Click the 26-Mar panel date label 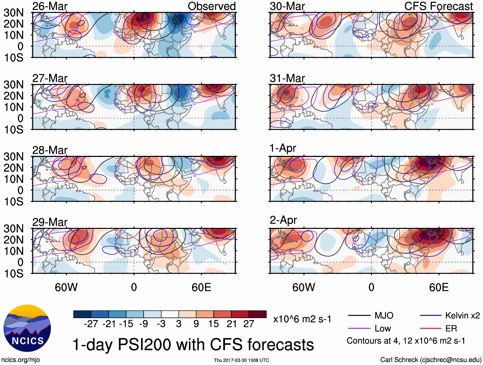point(50,6)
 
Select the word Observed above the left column point(211,6)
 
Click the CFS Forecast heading point(438,6)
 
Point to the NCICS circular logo point(27,328)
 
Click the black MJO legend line point(359,316)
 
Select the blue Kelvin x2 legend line point(431,316)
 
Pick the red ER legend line point(431,328)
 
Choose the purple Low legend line point(359,328)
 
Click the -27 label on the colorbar point(91,324)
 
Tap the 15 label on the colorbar point(213,324)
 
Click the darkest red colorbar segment point(257,314)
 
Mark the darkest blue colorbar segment point(82,314)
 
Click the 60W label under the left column point(66,287)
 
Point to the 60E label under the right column point(439,287)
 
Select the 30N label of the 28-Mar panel point(13,157)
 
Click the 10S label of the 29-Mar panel point(13,274)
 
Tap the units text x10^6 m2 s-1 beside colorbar point(302,319)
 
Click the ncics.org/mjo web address point(20,360)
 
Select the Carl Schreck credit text point(431,360)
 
